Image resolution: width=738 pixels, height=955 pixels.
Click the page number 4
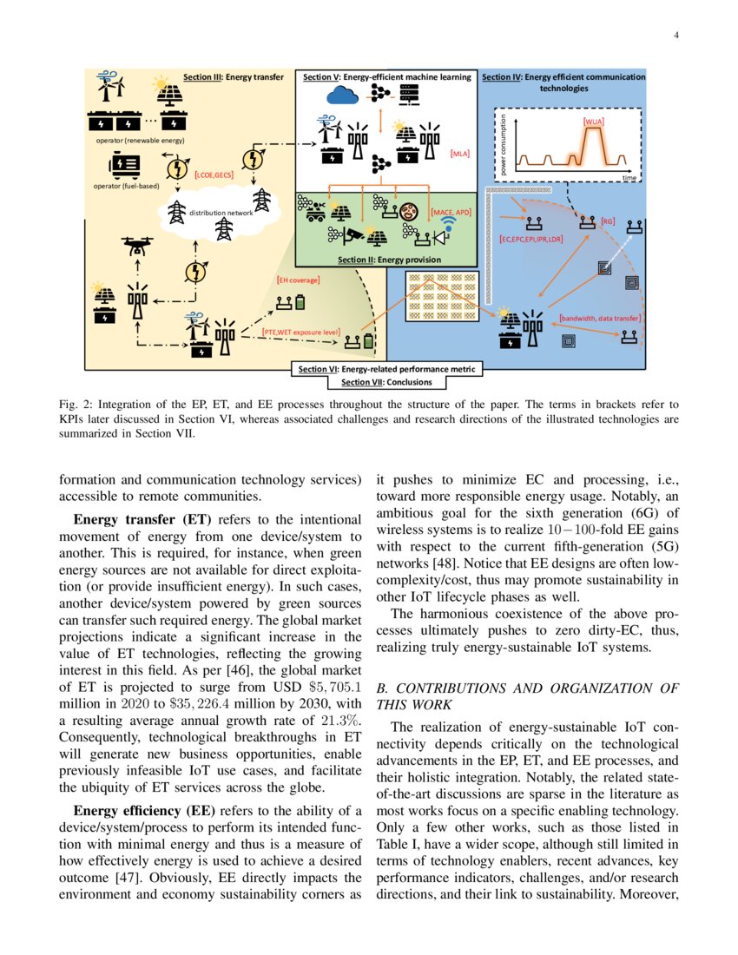(675, 35)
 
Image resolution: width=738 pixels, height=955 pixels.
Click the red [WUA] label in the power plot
(594, 122)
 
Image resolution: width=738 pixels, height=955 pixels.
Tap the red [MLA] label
(459, 154)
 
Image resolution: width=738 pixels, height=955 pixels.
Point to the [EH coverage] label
(298, 280)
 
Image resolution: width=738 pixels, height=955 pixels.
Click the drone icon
(136, 247)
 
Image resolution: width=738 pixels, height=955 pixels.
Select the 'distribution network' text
(220, 212)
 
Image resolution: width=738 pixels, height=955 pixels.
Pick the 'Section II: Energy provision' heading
(388, 260)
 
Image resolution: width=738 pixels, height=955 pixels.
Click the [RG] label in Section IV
(608, 222)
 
